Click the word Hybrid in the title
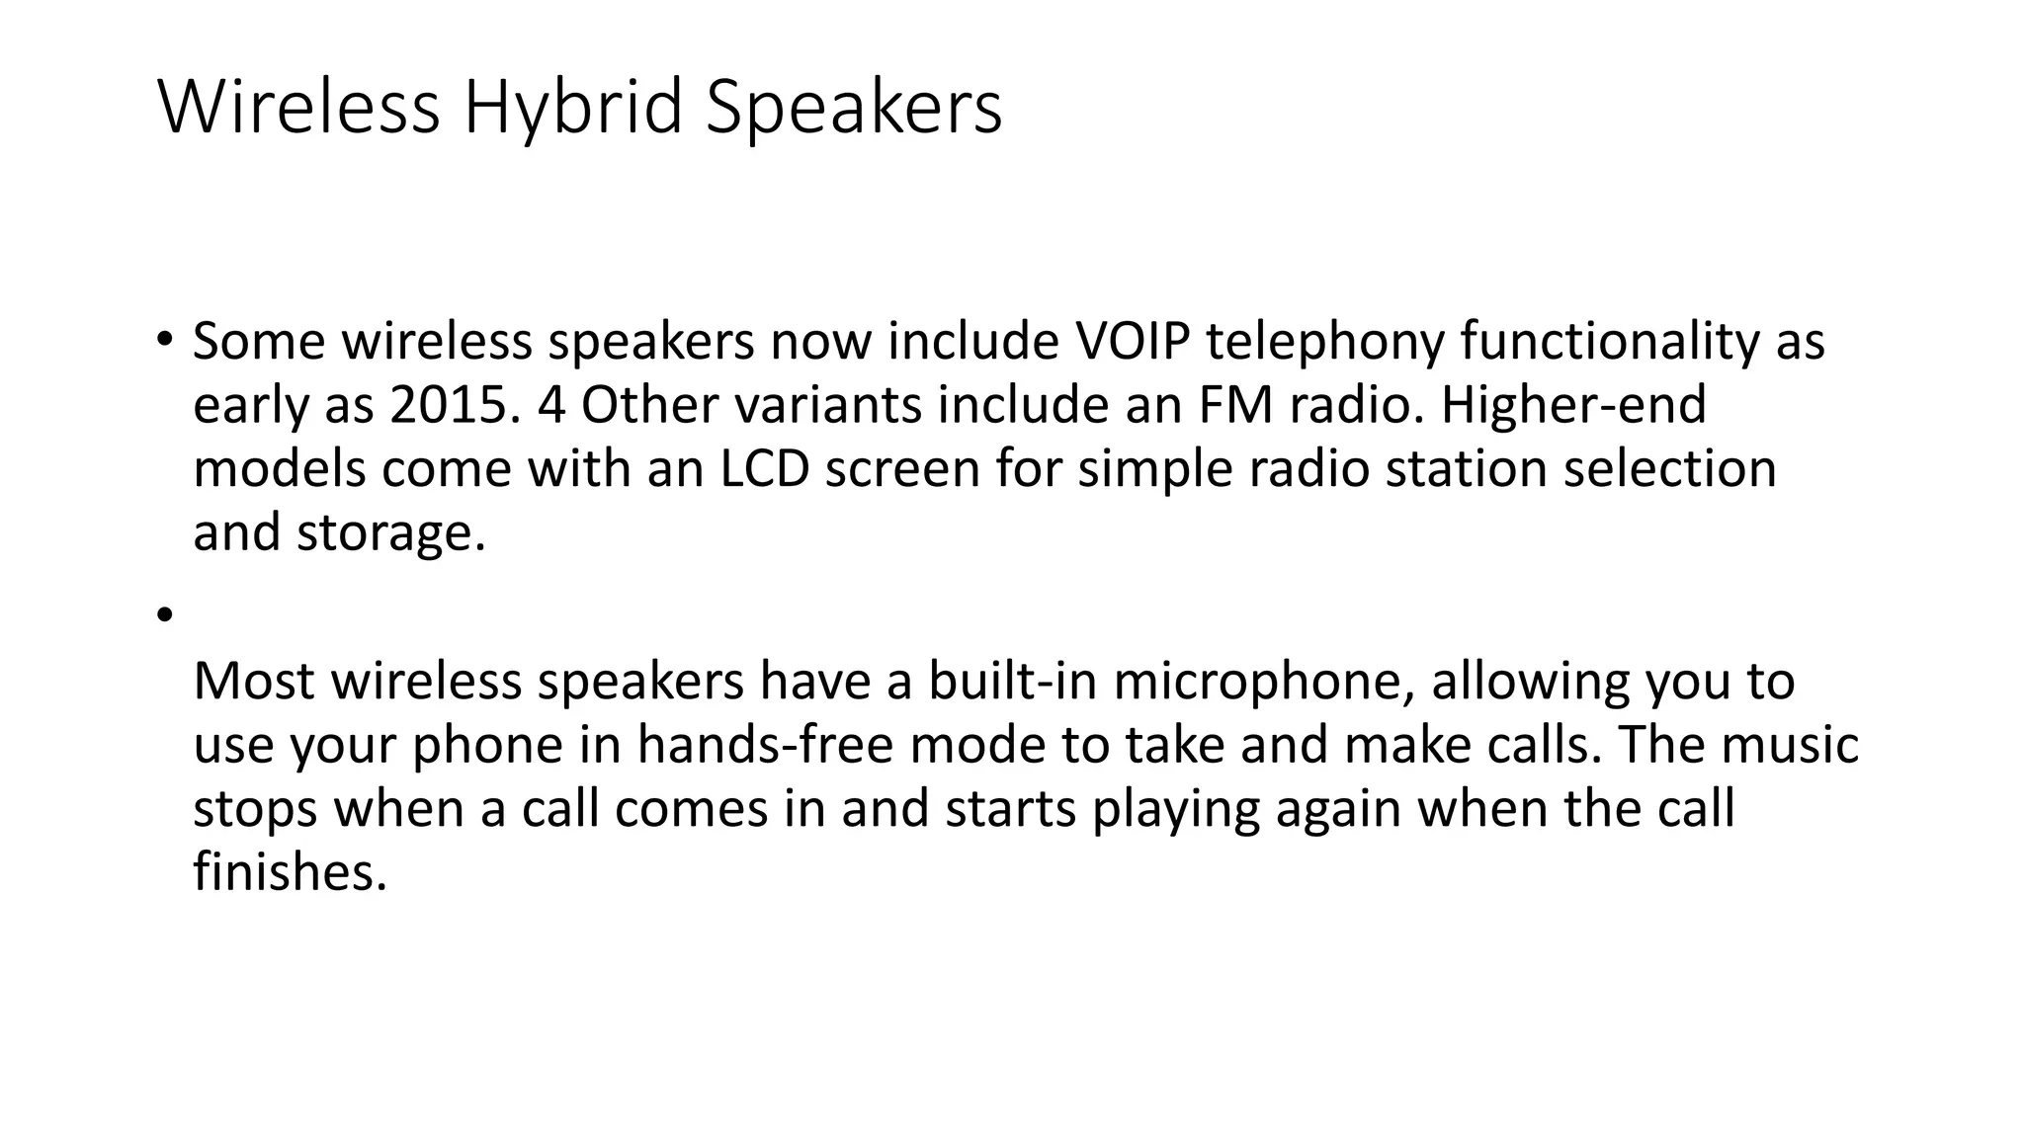click(573, 109)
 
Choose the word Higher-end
click(1573, 405)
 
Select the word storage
click(390, 533)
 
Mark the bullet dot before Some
click(164, 339)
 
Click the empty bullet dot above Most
click(164, 615)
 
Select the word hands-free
click(765, 745)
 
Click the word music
click(1790, 745)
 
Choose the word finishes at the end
click(290, 872)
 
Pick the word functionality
click(1609, 343)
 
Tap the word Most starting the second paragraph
click(254, 682)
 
